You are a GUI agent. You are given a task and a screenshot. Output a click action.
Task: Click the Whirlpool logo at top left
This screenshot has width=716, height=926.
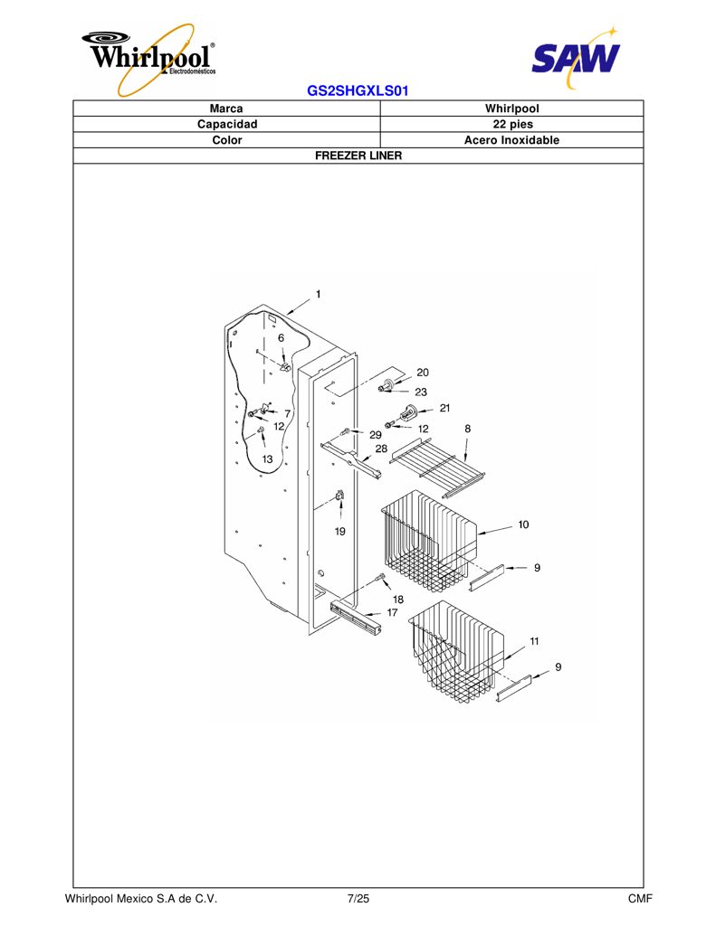pyautogui.click(x=149, y=60)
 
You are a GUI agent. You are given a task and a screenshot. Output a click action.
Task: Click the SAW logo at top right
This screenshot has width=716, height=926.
pyautogui.click(x=576, y=57)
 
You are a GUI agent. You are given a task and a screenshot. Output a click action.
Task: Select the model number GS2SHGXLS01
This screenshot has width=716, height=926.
pyautogui.click(x=358, y=91)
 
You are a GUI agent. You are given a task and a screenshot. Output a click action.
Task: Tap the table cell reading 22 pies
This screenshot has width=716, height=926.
pyautogui.click(x=512, y=124)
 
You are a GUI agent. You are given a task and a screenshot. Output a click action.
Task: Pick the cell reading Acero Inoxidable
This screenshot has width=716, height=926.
pyautogui.click(x=511, y=140)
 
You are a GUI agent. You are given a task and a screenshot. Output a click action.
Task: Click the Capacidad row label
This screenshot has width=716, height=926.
pyautogui.click(x=227, y=124)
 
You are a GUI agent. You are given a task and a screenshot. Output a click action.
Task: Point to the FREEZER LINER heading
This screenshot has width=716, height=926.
pyautogui.click(x=358, y=156)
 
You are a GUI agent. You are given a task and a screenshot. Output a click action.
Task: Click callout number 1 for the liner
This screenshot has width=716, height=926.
pyautogui.click(x=318, y=294)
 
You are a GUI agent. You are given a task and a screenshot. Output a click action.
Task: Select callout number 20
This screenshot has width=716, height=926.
pyautogui.click(x=422, y=372)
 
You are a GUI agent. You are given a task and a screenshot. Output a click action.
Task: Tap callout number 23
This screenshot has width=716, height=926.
pyautogui.click(x=421, y=392)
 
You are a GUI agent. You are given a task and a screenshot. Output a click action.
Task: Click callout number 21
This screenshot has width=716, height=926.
pyautogui.click(x=444, y=408)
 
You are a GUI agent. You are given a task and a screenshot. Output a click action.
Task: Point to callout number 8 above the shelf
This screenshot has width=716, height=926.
pyautogui.click(x=468, y=429)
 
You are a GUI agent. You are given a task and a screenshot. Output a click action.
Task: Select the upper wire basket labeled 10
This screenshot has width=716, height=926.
pyautogui.click(x=429, y=539)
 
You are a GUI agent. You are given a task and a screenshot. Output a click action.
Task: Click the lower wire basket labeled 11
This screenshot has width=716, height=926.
pyautogui.click(x=456, y=653)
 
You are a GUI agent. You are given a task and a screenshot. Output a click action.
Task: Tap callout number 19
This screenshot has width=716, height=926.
pyautogui.click(x=340, y=532)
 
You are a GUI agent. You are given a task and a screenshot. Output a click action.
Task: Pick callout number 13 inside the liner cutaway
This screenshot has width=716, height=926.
pyautogui.click(x=268, y=458)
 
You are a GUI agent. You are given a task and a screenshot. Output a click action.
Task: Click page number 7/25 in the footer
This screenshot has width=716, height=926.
pyautogui.click(x=358, y=899)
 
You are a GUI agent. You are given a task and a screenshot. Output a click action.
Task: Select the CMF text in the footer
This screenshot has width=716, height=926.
pyautogui.click(x=640, y=899)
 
